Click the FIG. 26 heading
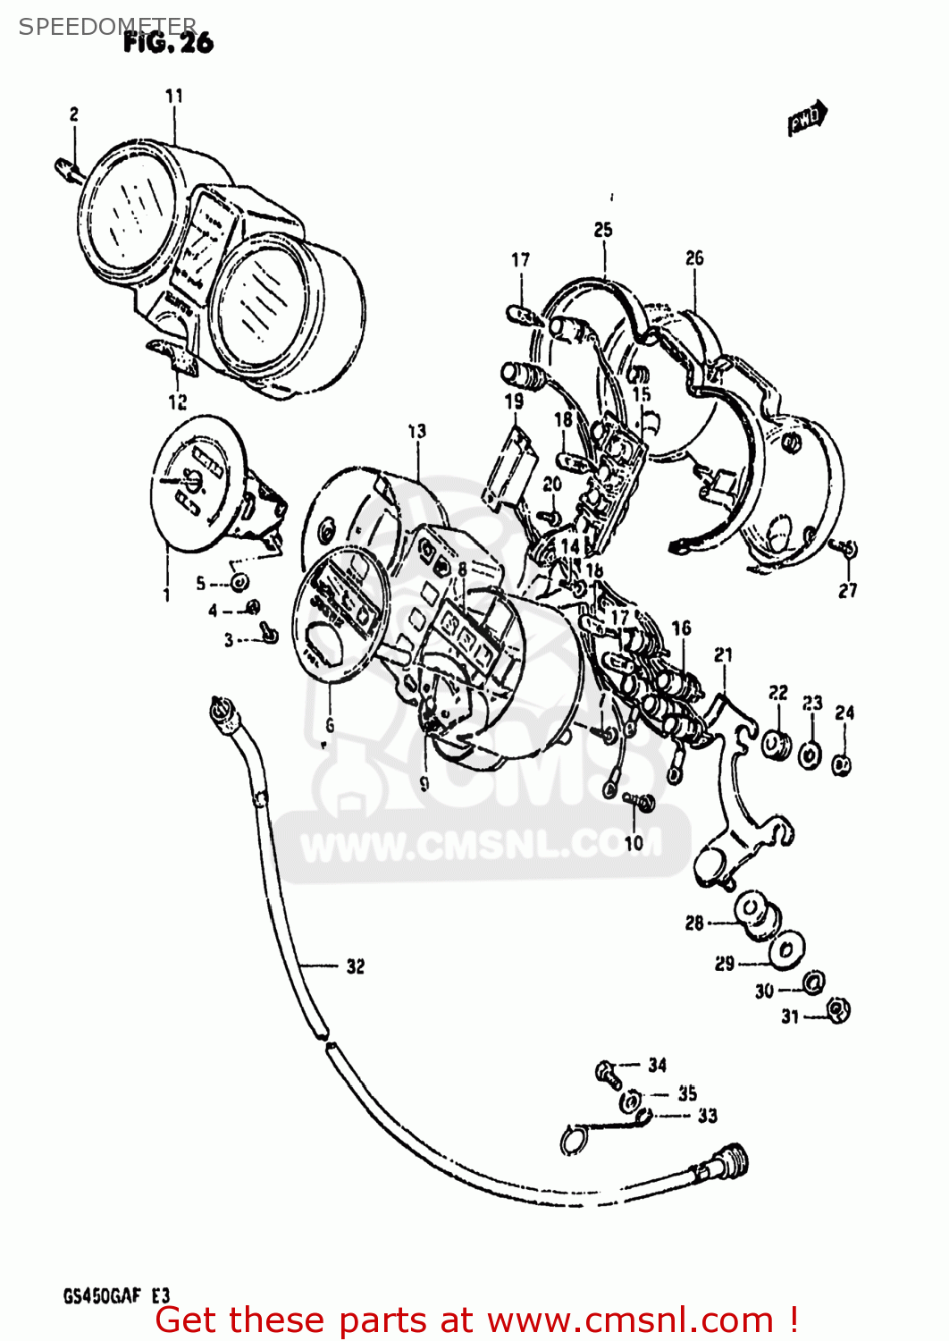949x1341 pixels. (168, 42)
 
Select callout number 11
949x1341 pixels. (174, 96)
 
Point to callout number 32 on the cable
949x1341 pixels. (355, 966)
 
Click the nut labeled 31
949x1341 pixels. (837, 1011)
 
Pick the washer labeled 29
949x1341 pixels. (786, 949)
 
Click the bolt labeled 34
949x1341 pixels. (608, 1070)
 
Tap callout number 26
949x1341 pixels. (694, 258)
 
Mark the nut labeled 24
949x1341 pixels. (841, 764)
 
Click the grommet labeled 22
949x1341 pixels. (776, 744)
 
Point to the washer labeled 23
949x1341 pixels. (810, 755)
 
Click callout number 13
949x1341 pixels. (417, 432)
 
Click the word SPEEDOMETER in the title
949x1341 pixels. (107, 27)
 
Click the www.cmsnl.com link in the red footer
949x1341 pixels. (630, 1320)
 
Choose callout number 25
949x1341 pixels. (603, 231)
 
